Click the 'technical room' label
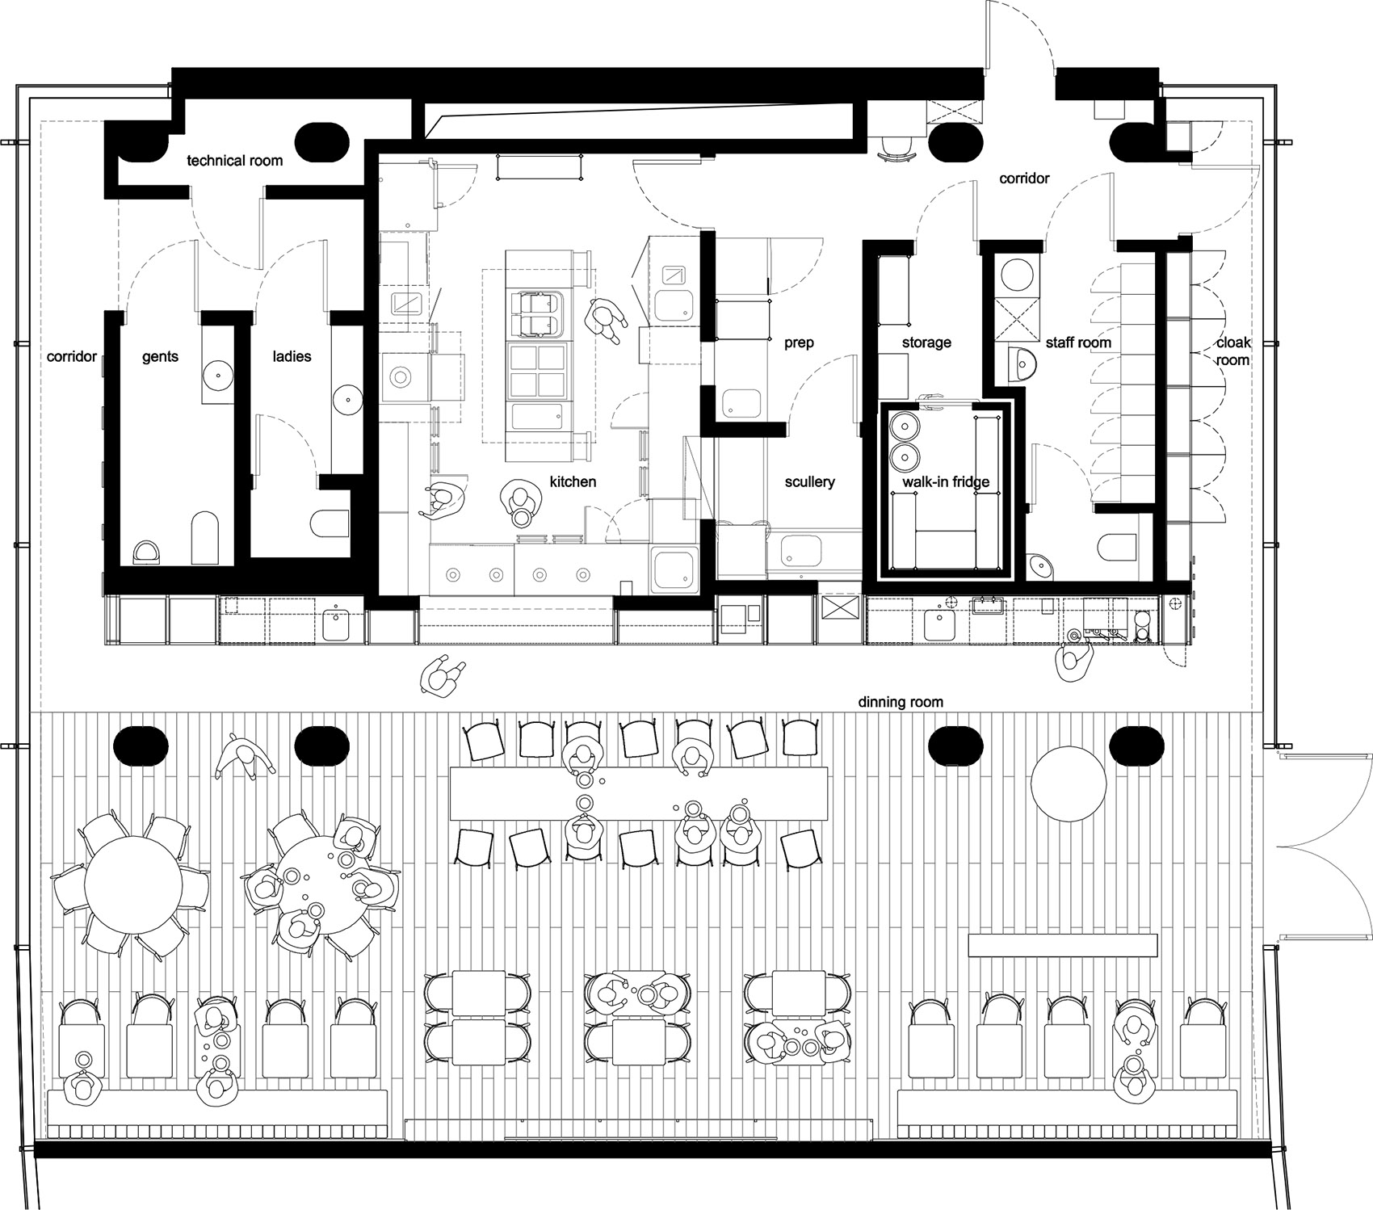coord(235,161)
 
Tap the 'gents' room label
coord(160,357)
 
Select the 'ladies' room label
coord(292,356)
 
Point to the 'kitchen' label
coord(573,481)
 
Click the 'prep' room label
coord(799,342)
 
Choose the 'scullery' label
coord(809,481)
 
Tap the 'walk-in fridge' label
coord(946,482)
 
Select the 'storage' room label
coord(926,342)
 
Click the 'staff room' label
coord(1078,342)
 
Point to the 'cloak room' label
coord(1233,351)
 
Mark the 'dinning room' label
coord(901,702)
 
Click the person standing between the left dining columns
coord(244,756)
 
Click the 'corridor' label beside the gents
coord(72,356)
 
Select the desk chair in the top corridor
coord(897,149)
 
